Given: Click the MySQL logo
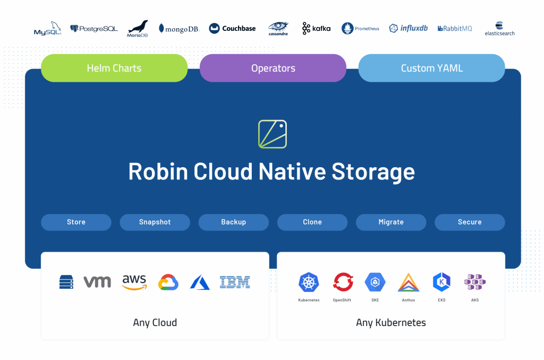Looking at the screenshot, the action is [x=47, y=29].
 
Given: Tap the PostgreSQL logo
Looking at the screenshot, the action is [x=93, y=29].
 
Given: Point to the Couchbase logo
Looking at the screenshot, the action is [x=232, y=29].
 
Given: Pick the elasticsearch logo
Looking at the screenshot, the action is [x=499, y=29].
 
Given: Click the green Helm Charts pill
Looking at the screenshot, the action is [x=114, y=68].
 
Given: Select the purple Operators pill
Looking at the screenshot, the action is [x=273, y=68].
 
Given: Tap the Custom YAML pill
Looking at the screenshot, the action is [x=431, y=68].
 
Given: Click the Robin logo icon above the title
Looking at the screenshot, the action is [x=273, y=134].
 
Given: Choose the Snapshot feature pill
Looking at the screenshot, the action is [x=155, y=222].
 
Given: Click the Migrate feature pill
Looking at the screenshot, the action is [x=391, y=222].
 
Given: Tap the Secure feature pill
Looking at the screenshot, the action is [x=470, y=222].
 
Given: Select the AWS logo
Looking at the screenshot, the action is [x=134, y=282].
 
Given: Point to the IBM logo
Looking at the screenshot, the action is [x=235, y=282].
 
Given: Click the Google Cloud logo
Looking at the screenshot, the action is [x=168, y=282].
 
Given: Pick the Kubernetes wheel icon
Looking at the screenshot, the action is [x=309, y=282].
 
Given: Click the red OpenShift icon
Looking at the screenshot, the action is [x=343, y=282].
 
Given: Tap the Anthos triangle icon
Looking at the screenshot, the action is [x=409, y=282].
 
